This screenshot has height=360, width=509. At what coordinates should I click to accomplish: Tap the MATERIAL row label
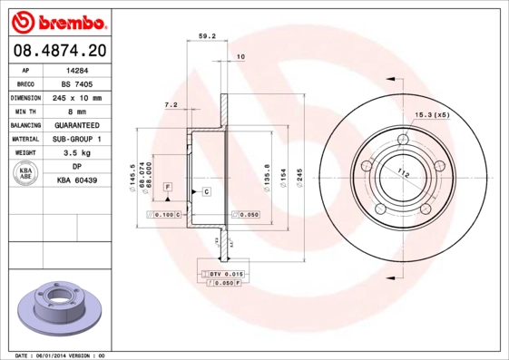(24, 139)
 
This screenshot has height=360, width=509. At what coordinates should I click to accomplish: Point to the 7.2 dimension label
(171, 105)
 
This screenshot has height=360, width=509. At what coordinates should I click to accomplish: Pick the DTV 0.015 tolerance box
(221, 273)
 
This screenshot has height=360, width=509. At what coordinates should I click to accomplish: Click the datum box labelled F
(168, 186)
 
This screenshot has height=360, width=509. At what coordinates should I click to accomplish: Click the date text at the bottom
(55, 355)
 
